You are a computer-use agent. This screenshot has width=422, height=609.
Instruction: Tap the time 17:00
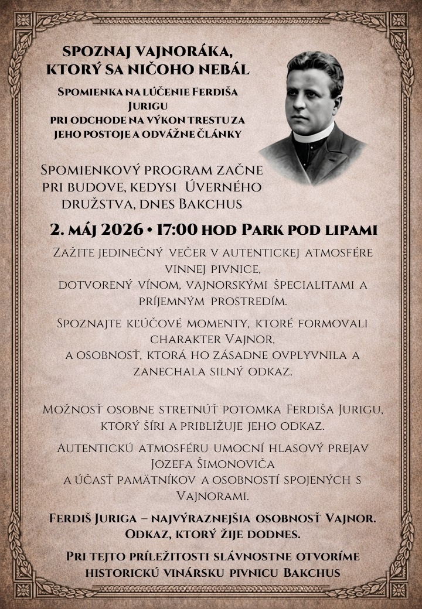coord(178,230)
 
